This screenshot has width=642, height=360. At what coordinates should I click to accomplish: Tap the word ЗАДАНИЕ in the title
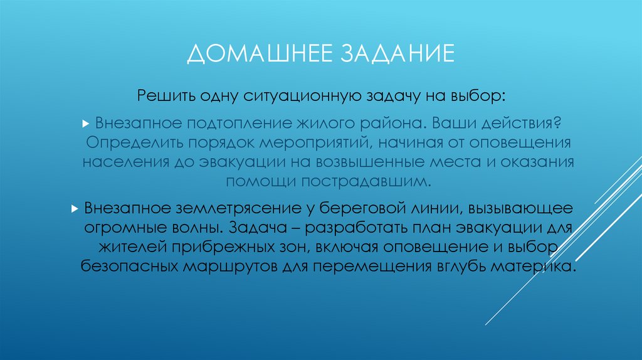pyautogui.click(x=397, y=53)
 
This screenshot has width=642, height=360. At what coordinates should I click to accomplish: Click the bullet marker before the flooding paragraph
pyautogui.click(x=87, y=121)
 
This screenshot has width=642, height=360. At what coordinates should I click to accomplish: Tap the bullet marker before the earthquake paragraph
pyautogui.click(x=75, y=206)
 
